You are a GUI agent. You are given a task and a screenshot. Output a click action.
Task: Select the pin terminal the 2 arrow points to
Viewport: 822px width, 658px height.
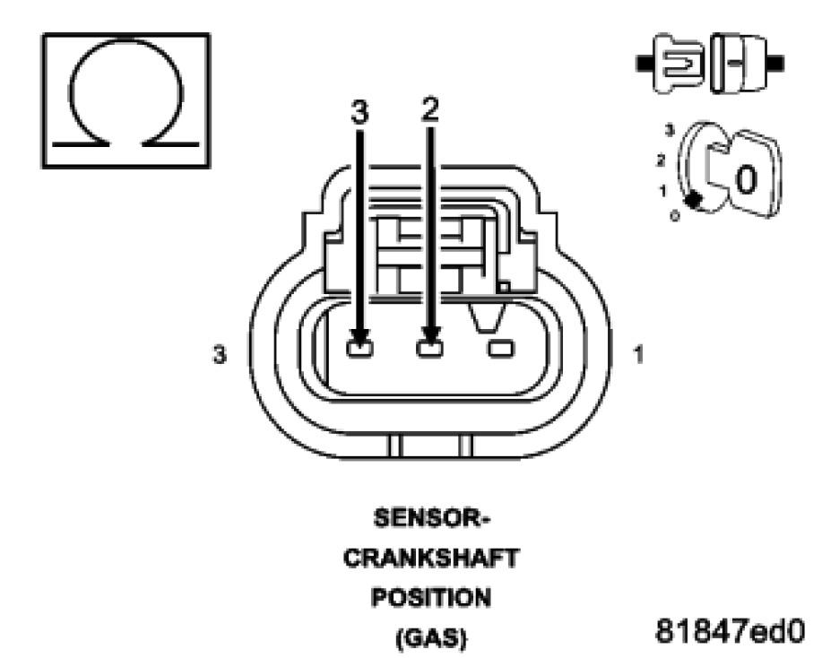(x=429, y=347)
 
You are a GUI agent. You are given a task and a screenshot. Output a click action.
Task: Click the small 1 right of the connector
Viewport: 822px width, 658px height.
(x=637, y=355)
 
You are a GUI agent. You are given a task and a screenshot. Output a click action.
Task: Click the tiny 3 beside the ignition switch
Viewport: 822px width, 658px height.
(x=669, y=131)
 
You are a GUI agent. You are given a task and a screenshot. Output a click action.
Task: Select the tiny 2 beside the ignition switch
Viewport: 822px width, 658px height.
(x=661, y=160)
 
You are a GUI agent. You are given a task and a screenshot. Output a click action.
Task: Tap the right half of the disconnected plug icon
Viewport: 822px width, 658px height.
(x=742, y=63)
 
